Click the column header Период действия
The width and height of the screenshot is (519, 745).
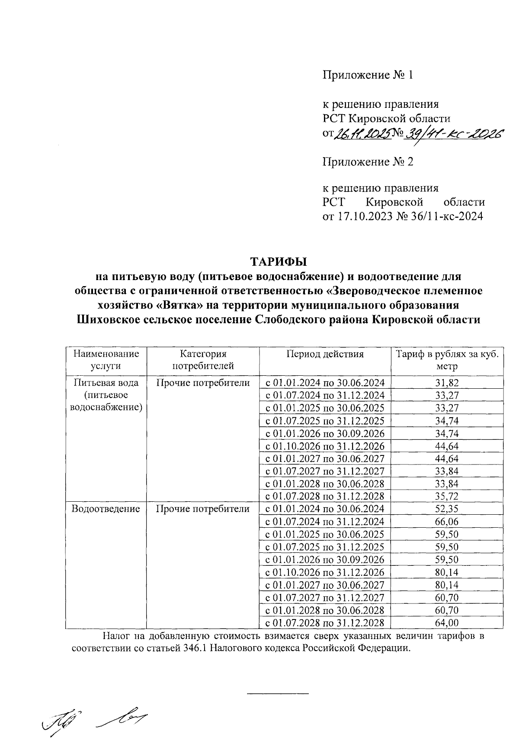tap(325, 354)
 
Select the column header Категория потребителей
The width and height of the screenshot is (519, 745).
tap(203, 360)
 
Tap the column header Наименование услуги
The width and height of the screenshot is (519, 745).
tap(106, 360)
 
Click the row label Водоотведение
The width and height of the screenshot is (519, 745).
tap(106, 509)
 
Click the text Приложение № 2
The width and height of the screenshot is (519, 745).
tap(368, 162)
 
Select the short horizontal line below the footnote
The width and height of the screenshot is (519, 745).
tap(278, 694)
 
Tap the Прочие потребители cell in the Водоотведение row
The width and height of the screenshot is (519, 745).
tap(203, 509)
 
